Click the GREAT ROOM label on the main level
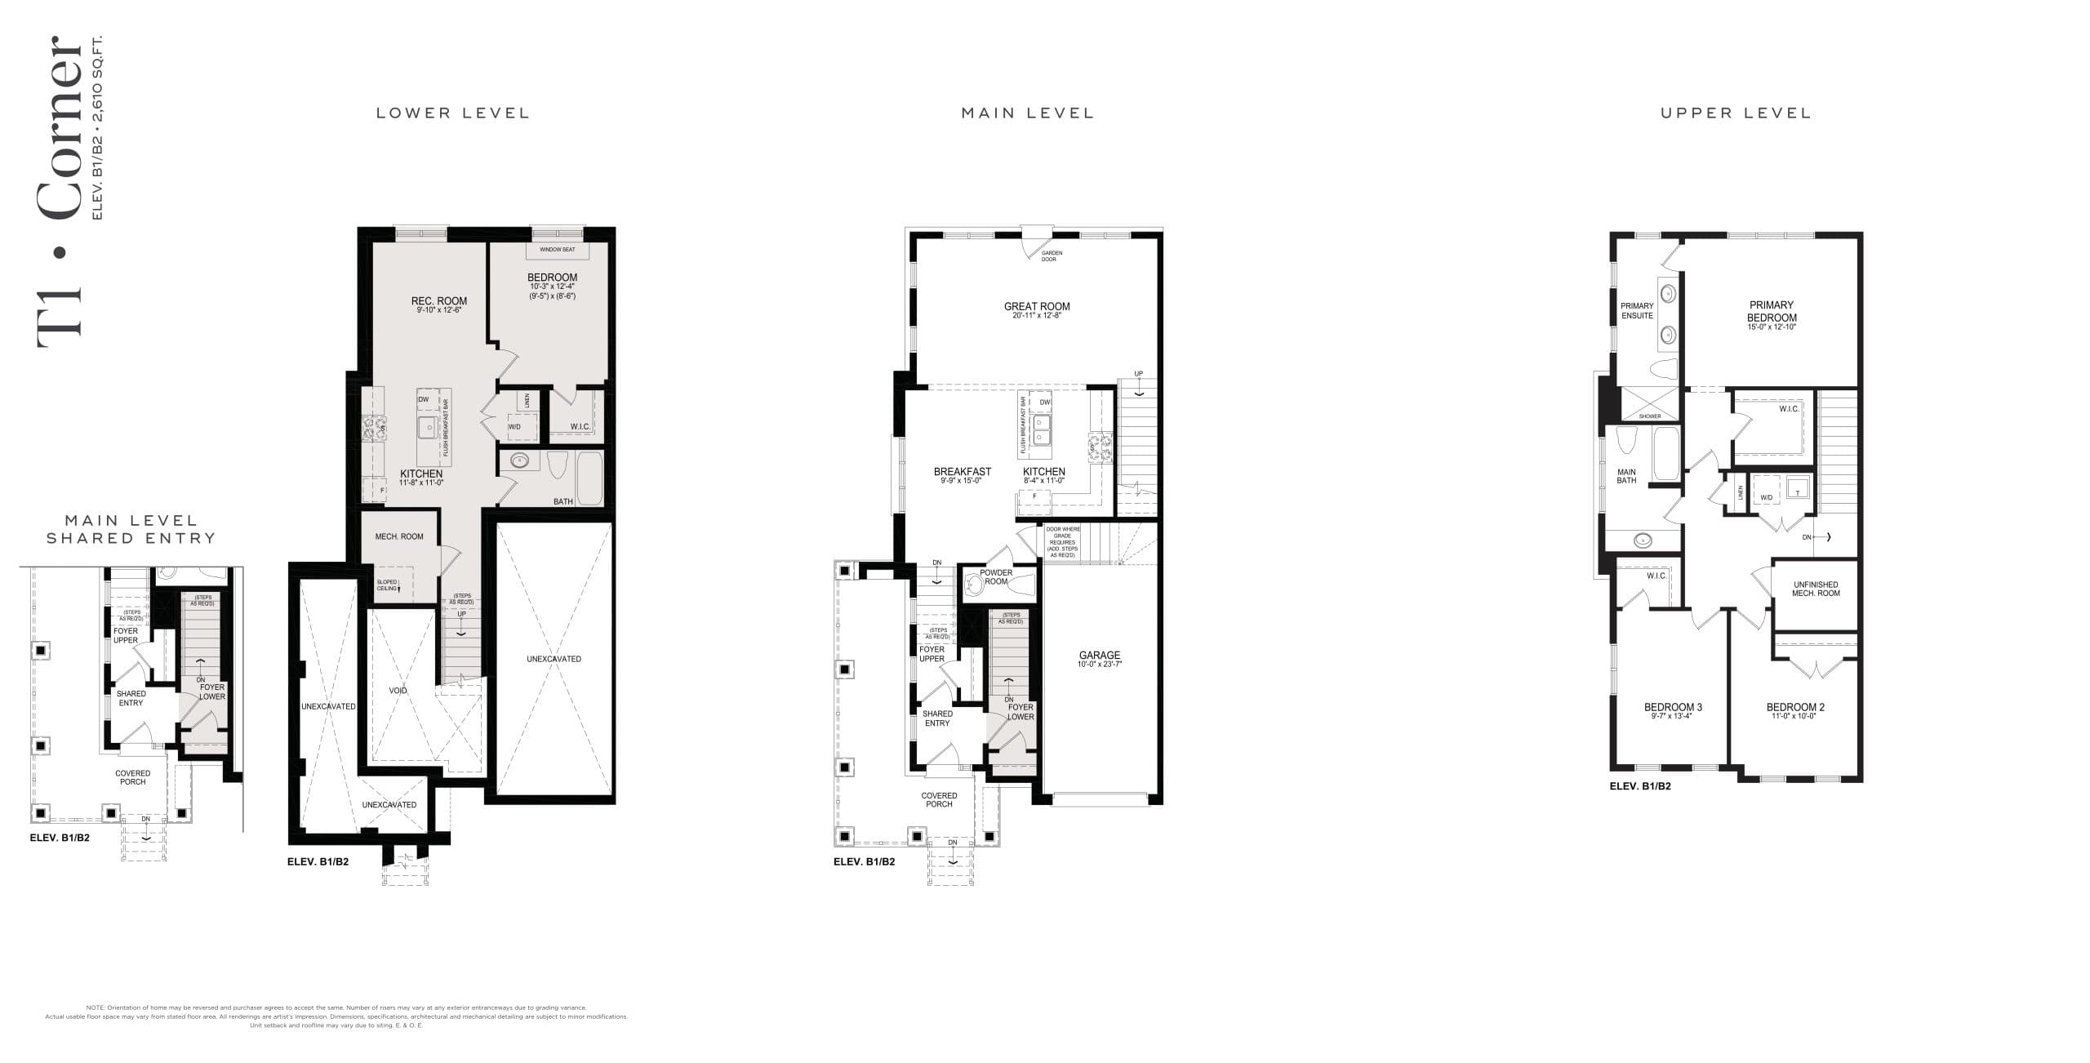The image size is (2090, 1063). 1036,307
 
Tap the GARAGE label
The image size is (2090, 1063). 1099,656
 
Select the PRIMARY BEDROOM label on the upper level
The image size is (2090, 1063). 1771,311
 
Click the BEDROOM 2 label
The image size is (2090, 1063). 1794,707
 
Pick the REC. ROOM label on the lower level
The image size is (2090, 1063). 438,301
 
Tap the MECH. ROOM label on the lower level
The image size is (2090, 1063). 399,536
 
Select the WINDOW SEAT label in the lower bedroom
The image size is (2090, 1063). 557,249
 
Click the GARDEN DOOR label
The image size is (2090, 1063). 1051,256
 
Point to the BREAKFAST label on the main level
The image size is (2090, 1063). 962,472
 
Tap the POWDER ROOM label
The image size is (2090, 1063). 996,576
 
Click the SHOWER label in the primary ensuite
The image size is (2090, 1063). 1649,416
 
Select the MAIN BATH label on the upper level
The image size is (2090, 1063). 1626,476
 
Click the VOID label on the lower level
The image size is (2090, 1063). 398,691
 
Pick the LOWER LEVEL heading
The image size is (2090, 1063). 452,113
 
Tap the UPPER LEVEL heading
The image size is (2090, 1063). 1736,113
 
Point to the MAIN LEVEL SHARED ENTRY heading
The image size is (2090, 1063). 131,529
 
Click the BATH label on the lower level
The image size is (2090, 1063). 563,501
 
